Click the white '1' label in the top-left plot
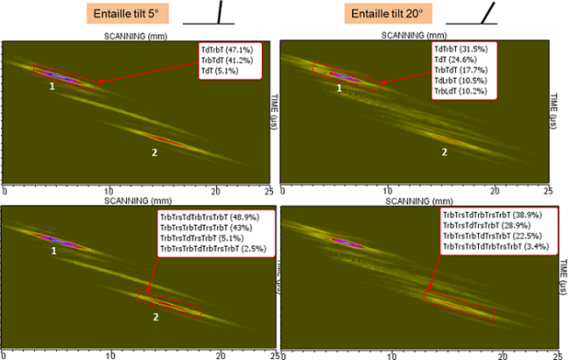tap(52, 87)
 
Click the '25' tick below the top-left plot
tap(270, 190)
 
